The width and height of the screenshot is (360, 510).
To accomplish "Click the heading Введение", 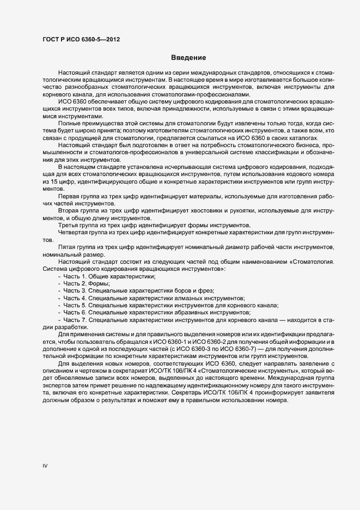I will (187, 58).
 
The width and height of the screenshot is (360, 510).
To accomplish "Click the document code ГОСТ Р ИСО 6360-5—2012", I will (81, 39).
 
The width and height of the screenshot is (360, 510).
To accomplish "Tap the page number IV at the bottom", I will (45, 466).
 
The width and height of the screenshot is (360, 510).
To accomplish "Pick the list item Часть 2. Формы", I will (87, 284).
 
